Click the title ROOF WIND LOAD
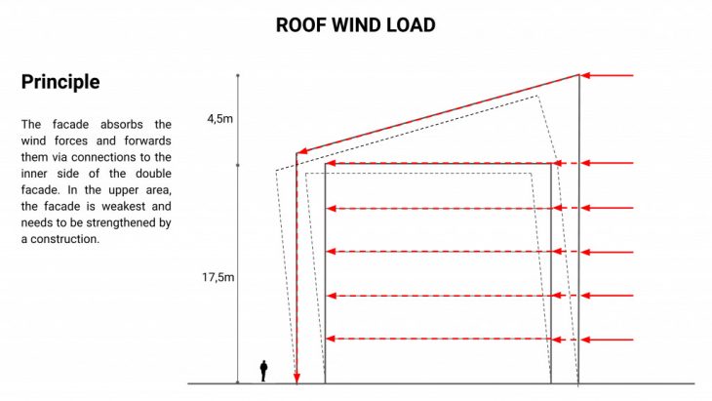[x=356, y=25]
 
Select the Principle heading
[x=60, y=82]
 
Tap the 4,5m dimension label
[x=220, y=119]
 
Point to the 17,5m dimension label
[x=218, y=277]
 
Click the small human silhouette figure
[x=263, y=371]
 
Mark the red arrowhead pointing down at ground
[x=297, y=378]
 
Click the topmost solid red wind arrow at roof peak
[x=607, y=75]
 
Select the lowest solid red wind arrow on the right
[x=607, y=340]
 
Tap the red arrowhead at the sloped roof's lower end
[x=301, y=151]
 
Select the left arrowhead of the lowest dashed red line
[x=331, y=339]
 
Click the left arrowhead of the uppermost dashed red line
[x=331, y=163]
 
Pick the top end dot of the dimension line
[x=237, y=75]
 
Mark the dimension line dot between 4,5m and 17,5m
[x=237, y=165]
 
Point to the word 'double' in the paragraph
[x=153, y=174]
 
